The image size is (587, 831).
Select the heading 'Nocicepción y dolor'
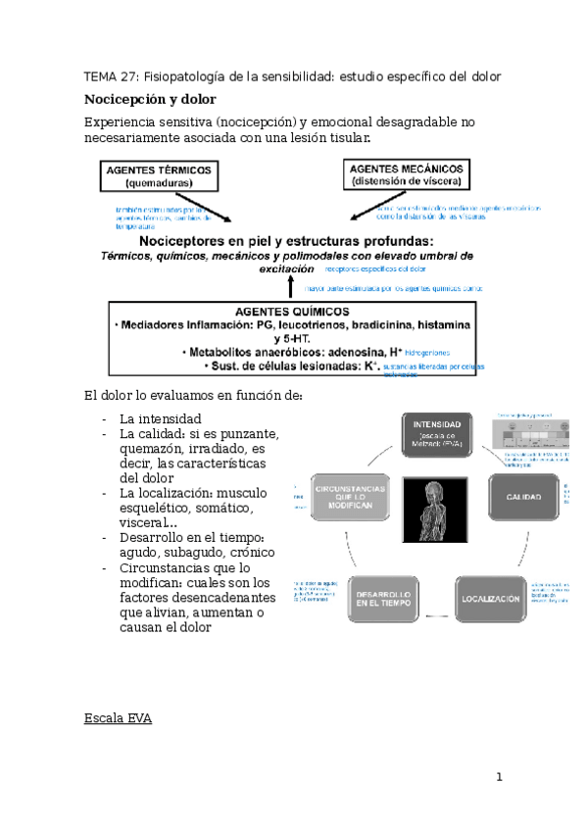click(x=150, y=99)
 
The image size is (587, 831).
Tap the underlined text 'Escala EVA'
click(x=118, y=718)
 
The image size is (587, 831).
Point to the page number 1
click(x=499, y=778)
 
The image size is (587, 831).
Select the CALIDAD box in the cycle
click(x=523, y=499)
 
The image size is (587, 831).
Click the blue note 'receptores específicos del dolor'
click(x=375, y=269)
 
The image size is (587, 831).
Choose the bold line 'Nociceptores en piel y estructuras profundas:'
click(x=286, y=240)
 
